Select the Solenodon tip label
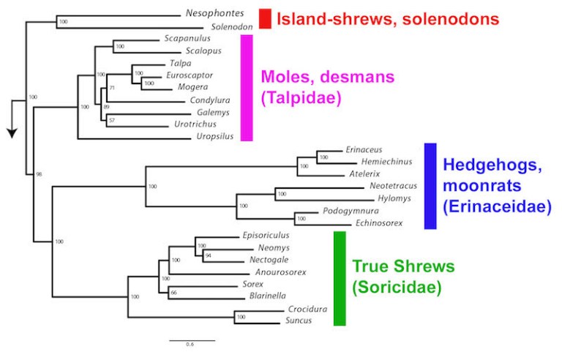232,27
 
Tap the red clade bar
265,19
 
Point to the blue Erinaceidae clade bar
430,186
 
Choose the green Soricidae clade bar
339,278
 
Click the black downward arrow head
12,132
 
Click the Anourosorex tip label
282,272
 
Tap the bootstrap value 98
39,174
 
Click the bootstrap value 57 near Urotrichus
112,119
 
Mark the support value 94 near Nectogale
208,256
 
